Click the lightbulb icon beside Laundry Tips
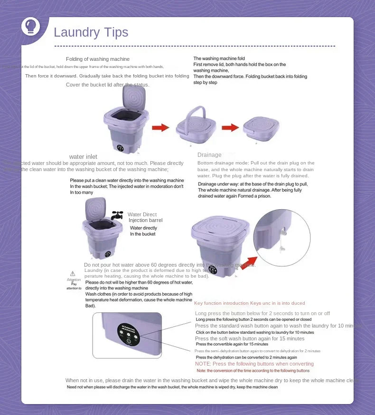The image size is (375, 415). tap(31, 26)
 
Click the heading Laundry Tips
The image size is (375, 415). tap(91, 32)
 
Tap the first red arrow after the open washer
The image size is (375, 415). tap(160, 127)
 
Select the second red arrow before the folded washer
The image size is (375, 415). tap(230, 127)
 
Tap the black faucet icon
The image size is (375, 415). tap(117, 215)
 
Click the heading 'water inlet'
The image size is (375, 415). tap(83, 157)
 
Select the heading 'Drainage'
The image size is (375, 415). tap(209, 155)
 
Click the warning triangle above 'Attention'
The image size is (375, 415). tap(73, 273)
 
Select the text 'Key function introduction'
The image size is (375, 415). tap(221, 303)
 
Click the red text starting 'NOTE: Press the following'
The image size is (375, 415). tap(254, 364)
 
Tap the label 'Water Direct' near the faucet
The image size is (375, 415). tap(142, 214)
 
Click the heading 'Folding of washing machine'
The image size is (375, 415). tap(97, 59)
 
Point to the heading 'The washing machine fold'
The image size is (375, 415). tap(219, 58)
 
